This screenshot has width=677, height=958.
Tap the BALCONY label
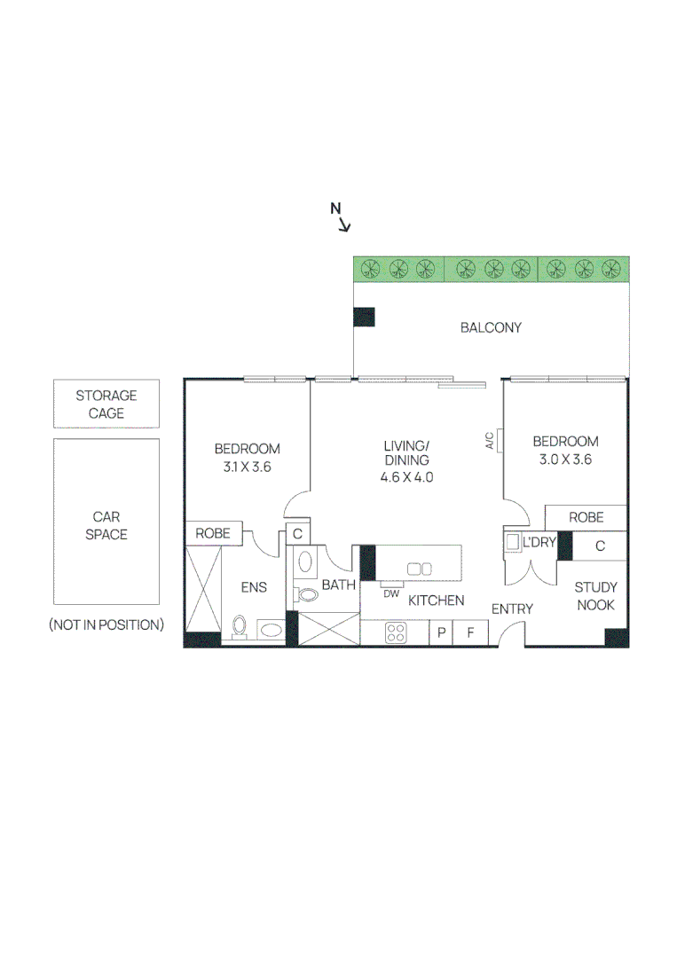pyautogui.click(x=491, y=327)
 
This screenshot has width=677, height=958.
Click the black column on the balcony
pyautogui.click(x=364, y=317)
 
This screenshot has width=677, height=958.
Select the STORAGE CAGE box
pyautogui.click(x=106, y=404)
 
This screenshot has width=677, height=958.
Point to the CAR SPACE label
pyautogui.click(x=106, y=525)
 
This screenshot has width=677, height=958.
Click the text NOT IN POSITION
pyautogui.click(x=106, y=624)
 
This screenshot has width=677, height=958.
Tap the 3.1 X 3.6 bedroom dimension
pyautogui.click(x=247, y=467)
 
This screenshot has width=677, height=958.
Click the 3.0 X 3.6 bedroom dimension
pyautogui.click(x=565, y=459)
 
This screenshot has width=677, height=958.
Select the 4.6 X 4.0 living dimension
pyautogui.click(x=406, y=476)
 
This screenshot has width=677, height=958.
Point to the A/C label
pyautogui.click(x=490, y=441)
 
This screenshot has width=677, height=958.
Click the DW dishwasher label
pyautogui.click(x=391, y=593)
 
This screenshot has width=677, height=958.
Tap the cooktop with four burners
pyautogui.click(x=396, y=632)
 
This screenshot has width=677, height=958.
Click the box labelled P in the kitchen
pyautogui.click(x=441, y=632)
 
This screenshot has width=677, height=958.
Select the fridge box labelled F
pyautogui.click(x=471, y=632)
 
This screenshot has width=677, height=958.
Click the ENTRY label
pyautogui.click(x=512, y=609)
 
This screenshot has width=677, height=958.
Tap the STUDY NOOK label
pyautogui.click(x=595, y=596)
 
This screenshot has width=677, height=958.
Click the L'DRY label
pyautogui.click(x=539, y=541)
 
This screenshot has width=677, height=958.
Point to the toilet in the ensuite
pyautogui.click(x=239, y=626)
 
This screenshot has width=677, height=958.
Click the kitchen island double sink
pyautogui.click(x=419, y=569)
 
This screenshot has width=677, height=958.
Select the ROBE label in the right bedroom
pyautogui.click(x=586, y=517)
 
